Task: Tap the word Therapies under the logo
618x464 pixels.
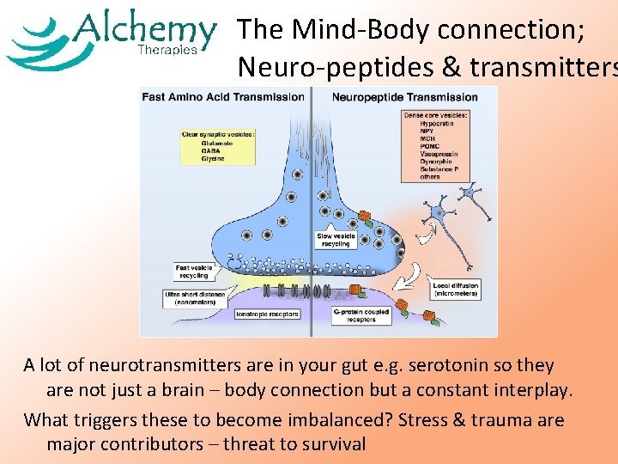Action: coord(167,50)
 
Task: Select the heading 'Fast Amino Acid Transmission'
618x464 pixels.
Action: coord(224,97)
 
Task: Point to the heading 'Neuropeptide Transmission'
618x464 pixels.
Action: coord(404,97)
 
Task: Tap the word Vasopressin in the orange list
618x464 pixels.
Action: coord(439,155)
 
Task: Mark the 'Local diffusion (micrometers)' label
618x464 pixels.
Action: coord(455,290)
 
